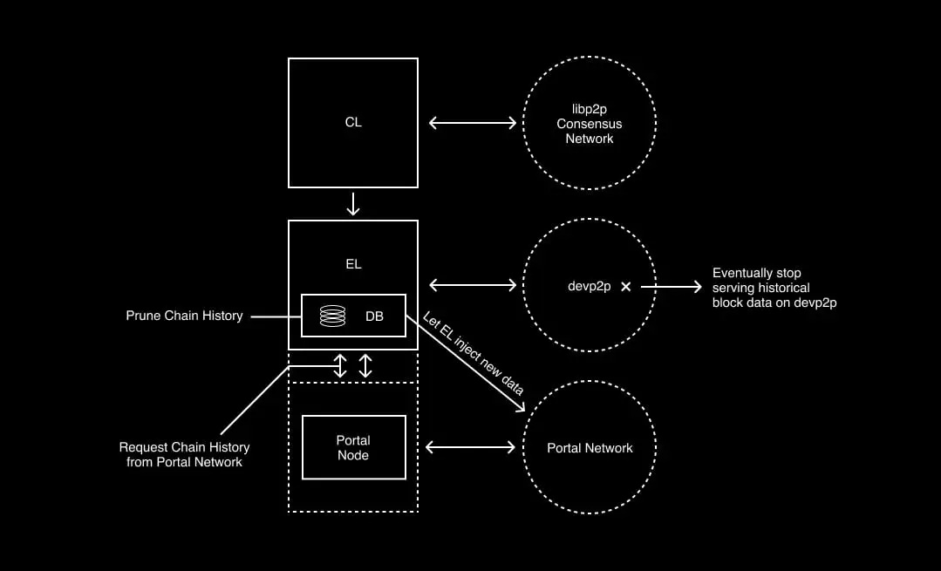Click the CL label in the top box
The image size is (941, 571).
[352, 123]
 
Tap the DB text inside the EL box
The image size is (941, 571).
[374, 316]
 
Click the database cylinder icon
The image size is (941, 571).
[332, 316]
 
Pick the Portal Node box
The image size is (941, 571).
[353, 447]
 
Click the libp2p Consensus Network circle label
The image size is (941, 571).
[590, 124]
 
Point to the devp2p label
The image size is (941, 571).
[589, 286]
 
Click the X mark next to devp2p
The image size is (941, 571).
[625, 286]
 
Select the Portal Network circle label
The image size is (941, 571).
[590, 448]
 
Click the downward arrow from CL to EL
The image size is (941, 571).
[353, 204]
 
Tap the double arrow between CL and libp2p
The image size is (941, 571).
[473, 123]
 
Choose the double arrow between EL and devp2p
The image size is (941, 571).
[473, 286]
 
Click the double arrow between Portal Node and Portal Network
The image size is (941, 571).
[471, 448]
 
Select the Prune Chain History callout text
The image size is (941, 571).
[184, 316]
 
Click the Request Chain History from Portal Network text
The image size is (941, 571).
[184, 454]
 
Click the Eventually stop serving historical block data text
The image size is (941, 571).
[774, 288]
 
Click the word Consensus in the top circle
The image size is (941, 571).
[590, 124]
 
